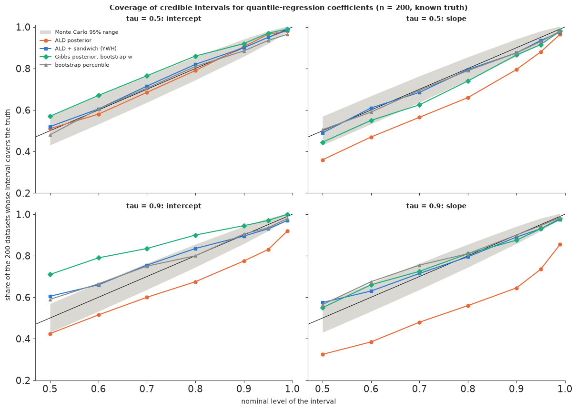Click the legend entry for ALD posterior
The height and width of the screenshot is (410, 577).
click(66, 40)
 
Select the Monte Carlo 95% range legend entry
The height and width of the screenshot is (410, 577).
click(79, 32)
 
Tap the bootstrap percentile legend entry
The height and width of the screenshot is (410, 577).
click(74, 65)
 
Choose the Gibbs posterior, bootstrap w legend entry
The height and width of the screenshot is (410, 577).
click(86, 57)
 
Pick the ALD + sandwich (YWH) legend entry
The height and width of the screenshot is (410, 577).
click(78, 49)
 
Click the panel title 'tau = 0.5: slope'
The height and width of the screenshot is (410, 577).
click(436, 19)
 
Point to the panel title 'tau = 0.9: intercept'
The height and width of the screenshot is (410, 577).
click(163, 206)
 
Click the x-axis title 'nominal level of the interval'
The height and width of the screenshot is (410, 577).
click(289, 401)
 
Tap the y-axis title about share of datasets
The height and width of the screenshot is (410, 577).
click(8, 205)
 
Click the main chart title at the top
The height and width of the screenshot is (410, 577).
click(289, 8)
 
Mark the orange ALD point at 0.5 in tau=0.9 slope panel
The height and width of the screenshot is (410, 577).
click(323, 354)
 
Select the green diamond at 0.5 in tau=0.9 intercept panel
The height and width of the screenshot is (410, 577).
click(50, 274)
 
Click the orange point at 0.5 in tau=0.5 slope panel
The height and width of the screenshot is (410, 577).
click(323, 160)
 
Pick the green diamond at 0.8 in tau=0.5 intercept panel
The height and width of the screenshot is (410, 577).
click(195, 56)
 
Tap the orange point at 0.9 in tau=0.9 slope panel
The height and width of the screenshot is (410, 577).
click(516, 288)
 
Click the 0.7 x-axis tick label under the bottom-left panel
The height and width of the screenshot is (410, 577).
click(147, 389)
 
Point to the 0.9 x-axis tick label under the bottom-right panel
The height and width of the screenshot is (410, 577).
click(516, 389)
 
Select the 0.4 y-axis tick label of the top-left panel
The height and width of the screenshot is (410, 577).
click(23, 151)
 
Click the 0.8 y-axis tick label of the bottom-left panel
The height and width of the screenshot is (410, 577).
click(23, 256)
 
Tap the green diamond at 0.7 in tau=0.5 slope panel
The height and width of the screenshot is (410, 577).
click(419, 105)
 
